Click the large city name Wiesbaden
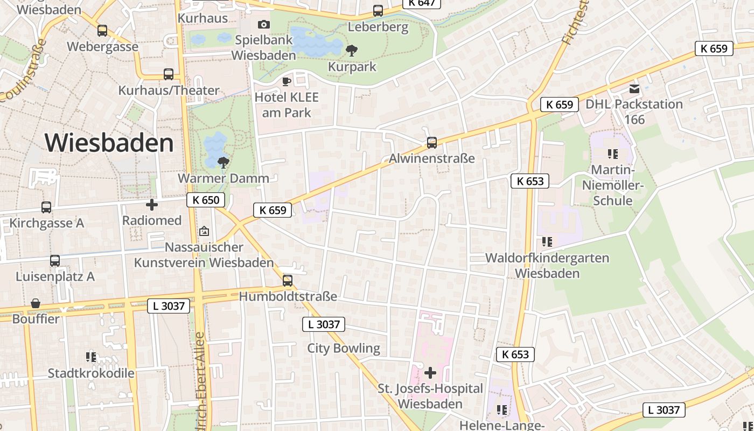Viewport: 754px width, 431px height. (109, 143)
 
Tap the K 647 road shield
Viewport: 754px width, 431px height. (422, 3)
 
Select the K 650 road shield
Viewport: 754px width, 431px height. (206, 200)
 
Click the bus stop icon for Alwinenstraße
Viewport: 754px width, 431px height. (432, 143)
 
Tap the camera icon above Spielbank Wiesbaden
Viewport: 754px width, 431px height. (264, 24)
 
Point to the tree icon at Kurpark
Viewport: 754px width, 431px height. (352, 51)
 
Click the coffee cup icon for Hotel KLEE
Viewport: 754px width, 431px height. (287, 81)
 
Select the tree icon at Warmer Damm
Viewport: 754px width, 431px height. (223, 162)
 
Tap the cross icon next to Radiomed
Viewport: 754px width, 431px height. (152, 205)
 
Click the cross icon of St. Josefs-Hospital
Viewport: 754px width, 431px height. (430, 372)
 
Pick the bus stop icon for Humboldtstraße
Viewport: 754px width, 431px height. (288, 281)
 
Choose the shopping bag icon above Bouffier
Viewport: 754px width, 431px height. (36, 304)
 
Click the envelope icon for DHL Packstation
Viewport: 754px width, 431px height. (634, 89)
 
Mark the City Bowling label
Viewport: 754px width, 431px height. (344, 349)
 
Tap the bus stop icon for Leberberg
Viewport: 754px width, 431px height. (378, 11)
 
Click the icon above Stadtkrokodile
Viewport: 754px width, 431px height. (91, 357)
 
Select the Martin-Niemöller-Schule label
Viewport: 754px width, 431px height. (612, 185)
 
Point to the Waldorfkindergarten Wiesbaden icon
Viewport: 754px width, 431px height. (547, 242)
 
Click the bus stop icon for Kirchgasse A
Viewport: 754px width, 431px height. (46, 207)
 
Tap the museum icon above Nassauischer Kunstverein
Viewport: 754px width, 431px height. (204, 232)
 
